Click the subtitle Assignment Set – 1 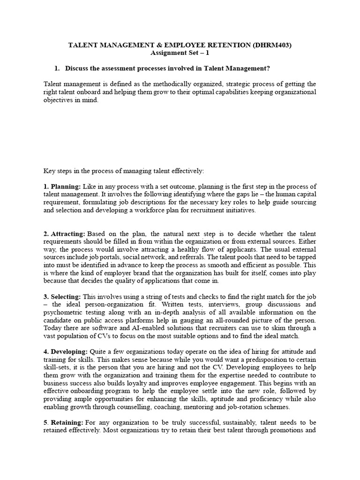(x=180, y=53)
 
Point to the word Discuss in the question (x=78, y=68)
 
